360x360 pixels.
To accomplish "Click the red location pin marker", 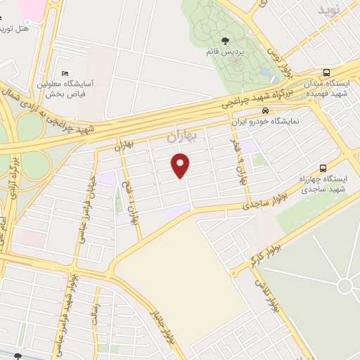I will click(x=181, y=166).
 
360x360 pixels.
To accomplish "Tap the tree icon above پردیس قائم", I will click(x=225, y=40).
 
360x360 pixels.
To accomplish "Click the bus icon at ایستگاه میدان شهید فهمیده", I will click(x=326, y=72).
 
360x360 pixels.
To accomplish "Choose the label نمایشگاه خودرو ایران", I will click(x=265, y=121).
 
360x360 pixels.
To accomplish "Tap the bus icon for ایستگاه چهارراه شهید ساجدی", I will click(x=323, y=168).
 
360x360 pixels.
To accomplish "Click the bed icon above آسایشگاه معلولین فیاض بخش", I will click(x=65, y=74).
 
